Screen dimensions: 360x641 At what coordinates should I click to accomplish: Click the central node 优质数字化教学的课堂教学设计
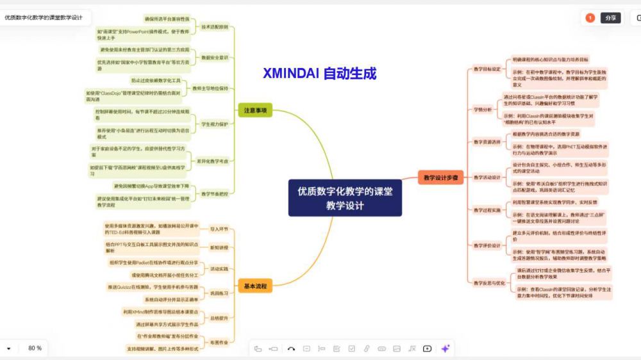point(345,198)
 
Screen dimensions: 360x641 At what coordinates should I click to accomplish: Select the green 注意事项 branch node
point(254,111)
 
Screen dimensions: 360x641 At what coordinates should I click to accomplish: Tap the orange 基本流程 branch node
point(254,286)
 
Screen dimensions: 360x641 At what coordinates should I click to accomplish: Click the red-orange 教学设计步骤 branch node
point(440,178)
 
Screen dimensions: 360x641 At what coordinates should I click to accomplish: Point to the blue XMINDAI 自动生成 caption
point(319,74)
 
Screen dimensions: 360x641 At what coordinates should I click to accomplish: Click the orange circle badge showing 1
point(590,18)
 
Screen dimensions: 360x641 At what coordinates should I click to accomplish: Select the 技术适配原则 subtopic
point(215,28)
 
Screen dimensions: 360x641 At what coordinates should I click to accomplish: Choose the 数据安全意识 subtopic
point(215,58)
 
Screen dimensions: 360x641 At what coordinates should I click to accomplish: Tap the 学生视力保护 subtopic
point(215,124)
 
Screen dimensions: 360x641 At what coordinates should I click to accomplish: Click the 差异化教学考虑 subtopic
point(213,161)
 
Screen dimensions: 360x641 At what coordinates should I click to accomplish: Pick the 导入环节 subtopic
point(219,229)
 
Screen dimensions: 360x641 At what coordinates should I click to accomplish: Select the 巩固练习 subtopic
point(219,293)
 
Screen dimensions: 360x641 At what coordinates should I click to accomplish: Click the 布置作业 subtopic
point(219,343)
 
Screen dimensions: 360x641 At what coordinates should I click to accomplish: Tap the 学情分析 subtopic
point(483,110)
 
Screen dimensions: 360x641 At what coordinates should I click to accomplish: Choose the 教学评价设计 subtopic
point(487,245)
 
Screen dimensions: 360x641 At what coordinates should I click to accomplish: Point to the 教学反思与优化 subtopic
point(489,282)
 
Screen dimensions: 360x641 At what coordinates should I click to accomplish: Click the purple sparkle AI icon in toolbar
point(445,348)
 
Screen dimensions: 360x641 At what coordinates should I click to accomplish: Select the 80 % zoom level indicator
point(35,348)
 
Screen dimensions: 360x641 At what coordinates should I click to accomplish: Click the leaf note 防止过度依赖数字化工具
point(156,81)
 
